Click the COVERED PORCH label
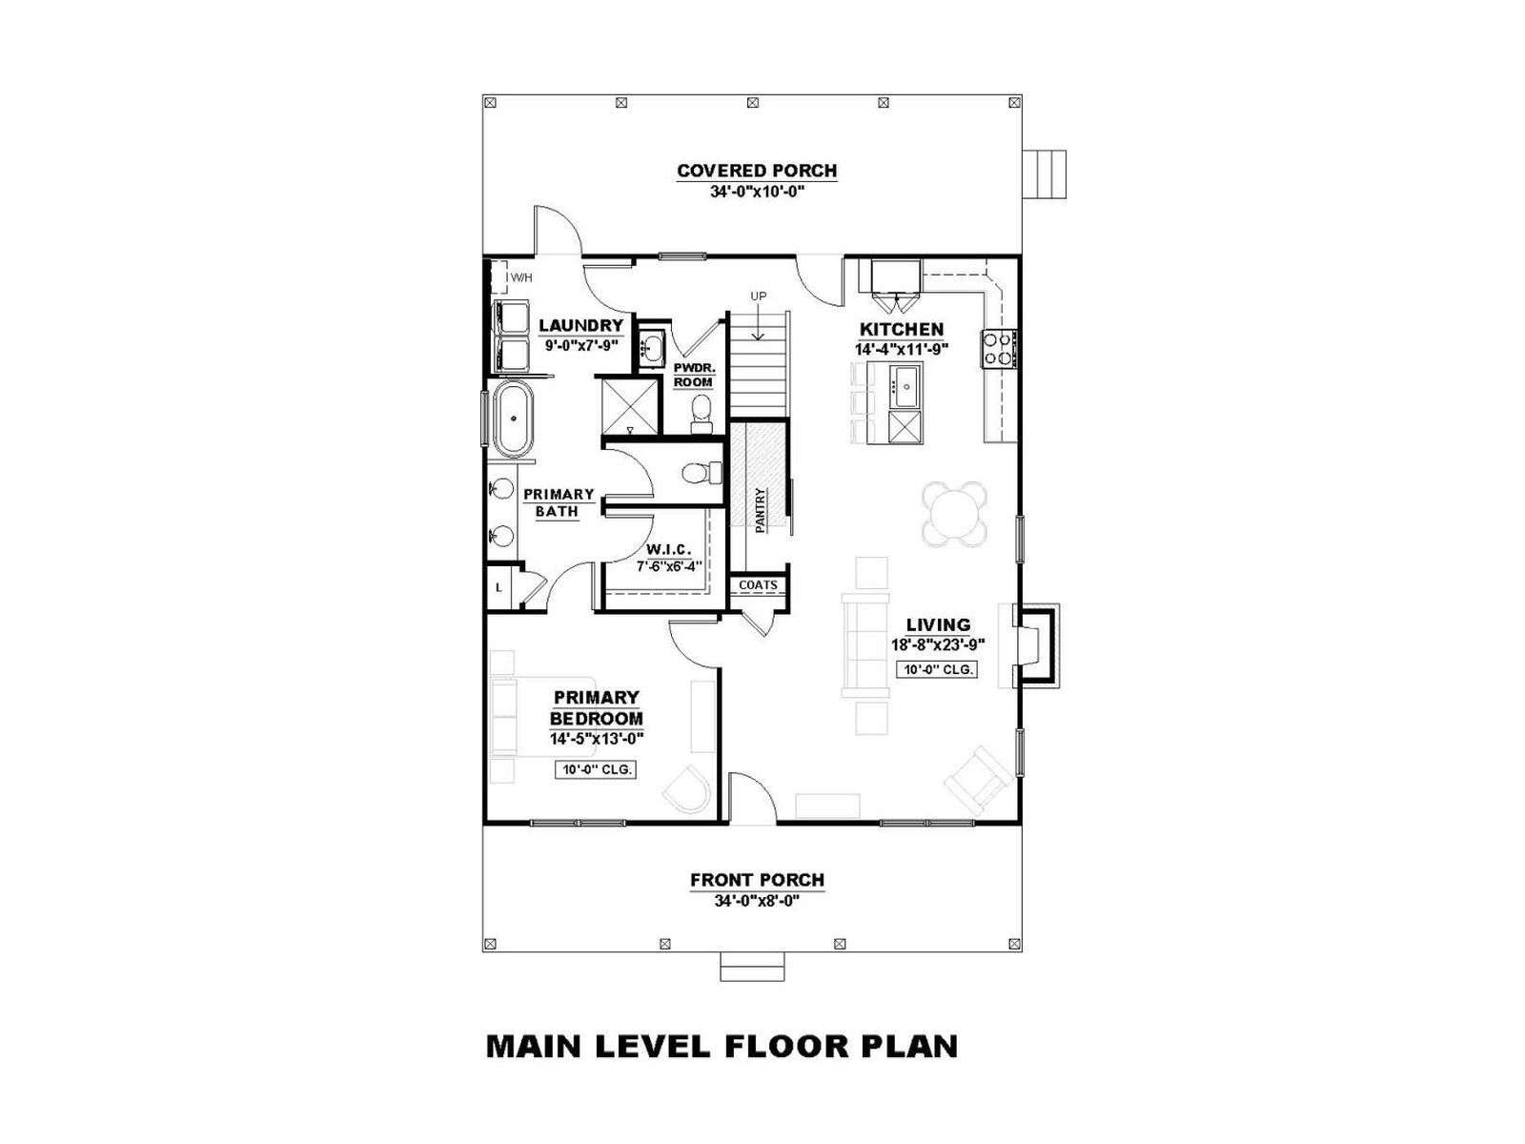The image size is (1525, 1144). coord(757,171)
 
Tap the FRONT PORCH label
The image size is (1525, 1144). coord(757,880)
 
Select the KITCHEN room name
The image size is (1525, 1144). coord(901,329)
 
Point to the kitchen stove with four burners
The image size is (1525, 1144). coord(999,349)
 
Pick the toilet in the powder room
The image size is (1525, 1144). coord(701,414)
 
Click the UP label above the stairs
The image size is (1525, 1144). coord(758,296)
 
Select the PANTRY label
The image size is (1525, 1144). coord(760,511)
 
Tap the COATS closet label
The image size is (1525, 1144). coord(758,585)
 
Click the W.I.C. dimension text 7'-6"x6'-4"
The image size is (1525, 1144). coord(670,567)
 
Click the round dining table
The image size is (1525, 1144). coord(955,515)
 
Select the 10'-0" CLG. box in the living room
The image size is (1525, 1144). coord(937,670)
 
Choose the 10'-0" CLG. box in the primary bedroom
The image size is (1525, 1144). coord(596,769)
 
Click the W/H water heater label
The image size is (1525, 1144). coord(521,277)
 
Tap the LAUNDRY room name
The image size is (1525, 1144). coord(580,325)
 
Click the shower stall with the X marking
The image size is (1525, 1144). coord(628,406)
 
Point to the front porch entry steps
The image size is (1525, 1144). coord(752,967)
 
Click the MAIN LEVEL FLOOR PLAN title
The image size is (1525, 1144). coord(722,1067)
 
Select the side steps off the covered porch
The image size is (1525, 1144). coord(1045,174)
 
